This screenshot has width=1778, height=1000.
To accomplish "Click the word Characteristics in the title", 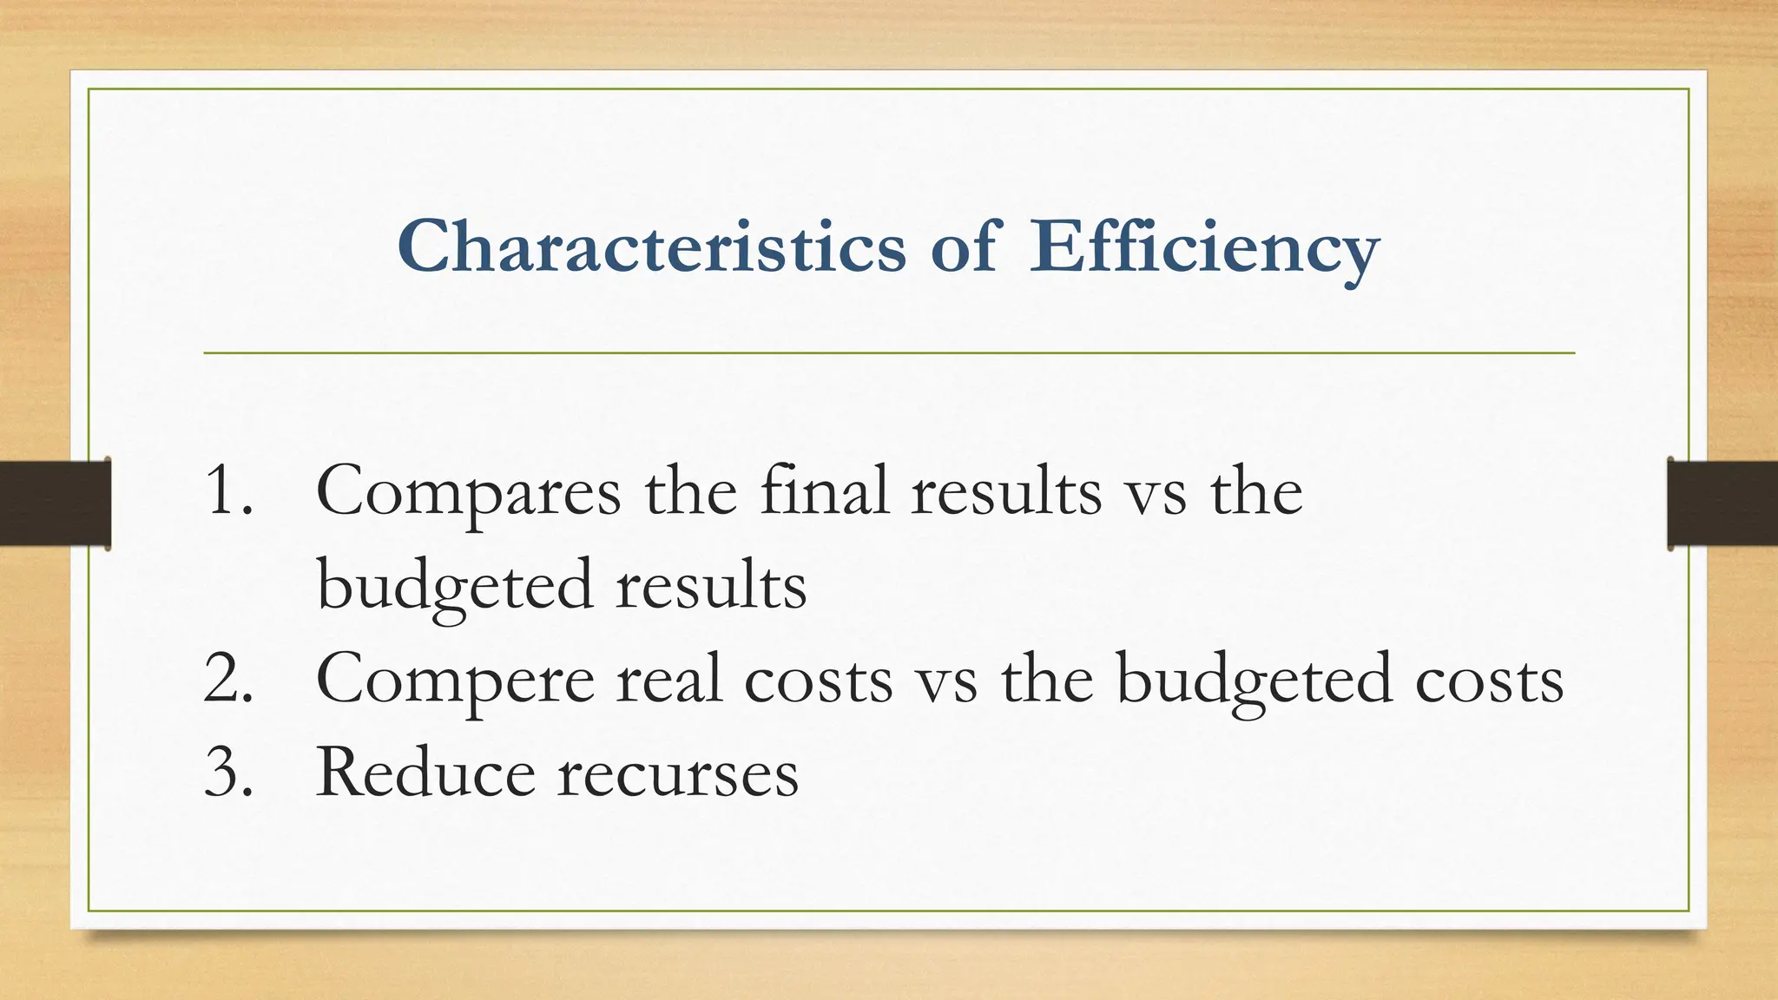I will point(651,247).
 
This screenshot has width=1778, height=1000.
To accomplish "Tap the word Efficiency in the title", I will point(1203,248).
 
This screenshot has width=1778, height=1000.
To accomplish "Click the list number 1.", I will point(227,490).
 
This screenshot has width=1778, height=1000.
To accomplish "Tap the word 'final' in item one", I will point(824,490).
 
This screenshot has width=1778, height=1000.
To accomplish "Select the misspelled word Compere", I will point(455,681).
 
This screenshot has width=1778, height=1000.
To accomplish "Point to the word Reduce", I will point(425,772).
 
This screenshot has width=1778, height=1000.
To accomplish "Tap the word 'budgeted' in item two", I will point(1254,680).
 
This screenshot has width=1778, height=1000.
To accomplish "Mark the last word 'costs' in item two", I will point(1490,680).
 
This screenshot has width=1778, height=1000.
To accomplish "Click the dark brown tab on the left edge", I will point(55,503).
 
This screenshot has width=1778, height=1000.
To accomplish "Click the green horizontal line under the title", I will point(889,353).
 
